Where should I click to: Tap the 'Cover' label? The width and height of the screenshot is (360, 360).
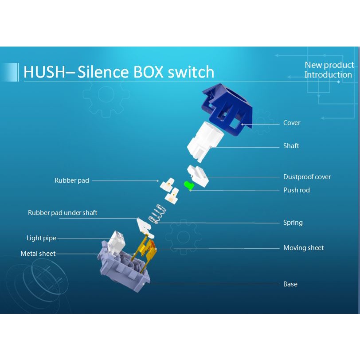click(x=292, y=123)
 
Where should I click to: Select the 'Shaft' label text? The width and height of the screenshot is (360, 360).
click(x=291, y=146)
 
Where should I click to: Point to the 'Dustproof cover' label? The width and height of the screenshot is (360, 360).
click(x=307, y=177)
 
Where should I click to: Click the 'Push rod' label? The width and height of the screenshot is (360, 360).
click(x=296, y=190)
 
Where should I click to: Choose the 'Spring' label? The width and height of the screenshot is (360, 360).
click(x=293, y=223)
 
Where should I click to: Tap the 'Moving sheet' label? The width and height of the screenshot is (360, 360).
click(x=303, y=248)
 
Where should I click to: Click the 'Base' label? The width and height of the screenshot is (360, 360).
click(x=290, y=284)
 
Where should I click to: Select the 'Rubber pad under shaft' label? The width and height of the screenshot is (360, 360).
click(x=63, y=213)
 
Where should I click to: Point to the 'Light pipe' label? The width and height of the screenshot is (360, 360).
click(x=41, y=238)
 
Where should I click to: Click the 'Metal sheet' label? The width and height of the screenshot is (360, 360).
click(x=38, y=254)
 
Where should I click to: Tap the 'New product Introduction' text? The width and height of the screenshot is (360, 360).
click(x=329, y=70)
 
